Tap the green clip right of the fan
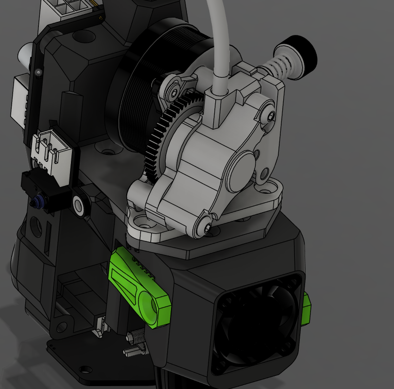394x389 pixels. (x=307, y=309)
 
